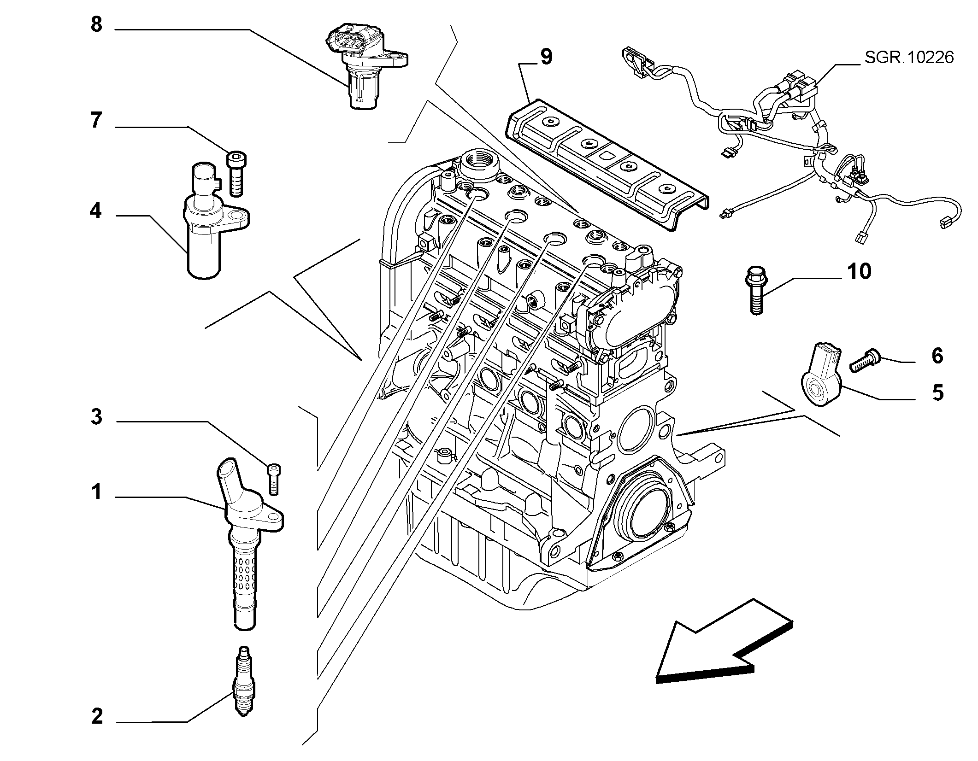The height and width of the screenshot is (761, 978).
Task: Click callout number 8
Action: pyautogui.click(x=96, y=24)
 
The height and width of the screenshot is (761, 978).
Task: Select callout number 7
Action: pyautogui.click(x=96, y=120)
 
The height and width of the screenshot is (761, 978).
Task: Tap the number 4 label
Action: pyautogui.click(x=96, y=211)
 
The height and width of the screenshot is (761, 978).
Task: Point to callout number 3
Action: pyautogui.click(x=96, y=417)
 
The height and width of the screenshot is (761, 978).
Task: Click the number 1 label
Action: pyautogui.click(x=96, y=492)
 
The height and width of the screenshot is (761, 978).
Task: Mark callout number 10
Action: pyautogui.click(x=859, y=271)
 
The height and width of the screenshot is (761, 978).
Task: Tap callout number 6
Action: pyautogui.click(x=937, y=356)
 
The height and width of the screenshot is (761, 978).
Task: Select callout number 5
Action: pyautogui.click(x=937, y=393)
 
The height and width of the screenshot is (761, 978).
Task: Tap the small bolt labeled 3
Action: pyautogui.click(x=274, y=479)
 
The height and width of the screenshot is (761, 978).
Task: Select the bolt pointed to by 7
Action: pyautogui.click(x=236, y=173)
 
